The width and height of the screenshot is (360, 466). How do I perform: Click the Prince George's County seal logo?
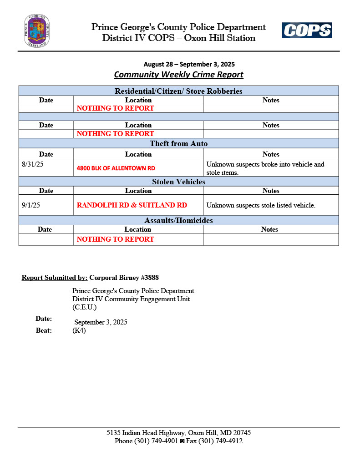coord(37,31)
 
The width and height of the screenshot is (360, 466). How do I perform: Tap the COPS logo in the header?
coord(306,30)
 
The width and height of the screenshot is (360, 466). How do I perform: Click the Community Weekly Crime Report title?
coord(178,74)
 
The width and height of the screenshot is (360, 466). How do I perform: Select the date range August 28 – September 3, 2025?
coord(189,64)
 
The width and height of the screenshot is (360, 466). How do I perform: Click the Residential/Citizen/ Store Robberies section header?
coord(178,91)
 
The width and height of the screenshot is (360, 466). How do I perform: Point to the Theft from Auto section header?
coord(178,143)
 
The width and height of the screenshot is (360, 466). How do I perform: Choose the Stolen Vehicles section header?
coord(178,182)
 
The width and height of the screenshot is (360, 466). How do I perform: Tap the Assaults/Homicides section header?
coord(178,220)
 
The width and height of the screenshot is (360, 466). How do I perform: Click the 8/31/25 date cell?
coord(32,164)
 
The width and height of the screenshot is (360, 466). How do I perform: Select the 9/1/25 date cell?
coord(31,205)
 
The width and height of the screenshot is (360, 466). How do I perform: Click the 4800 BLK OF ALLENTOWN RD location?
coord(116,168)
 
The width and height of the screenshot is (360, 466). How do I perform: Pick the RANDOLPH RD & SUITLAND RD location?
coord(132,205)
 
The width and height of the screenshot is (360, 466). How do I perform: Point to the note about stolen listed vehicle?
coord(261,205)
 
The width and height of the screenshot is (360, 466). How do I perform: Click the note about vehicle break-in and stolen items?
coord(265,168)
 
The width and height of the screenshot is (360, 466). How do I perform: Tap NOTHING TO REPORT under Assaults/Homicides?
coord(115,239)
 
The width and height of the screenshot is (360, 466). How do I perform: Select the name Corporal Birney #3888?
coord(124,277)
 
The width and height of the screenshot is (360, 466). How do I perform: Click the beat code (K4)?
coord(79,330)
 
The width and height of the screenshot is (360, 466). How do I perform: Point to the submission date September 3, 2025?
coord(101,322)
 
